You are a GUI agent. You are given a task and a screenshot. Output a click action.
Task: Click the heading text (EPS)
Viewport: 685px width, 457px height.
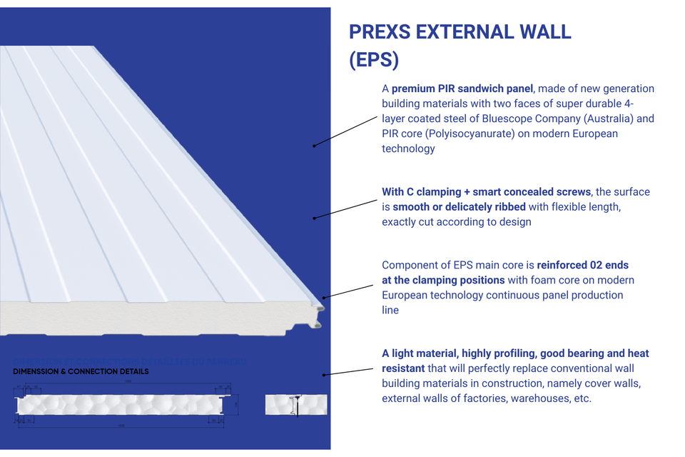coord(373,61)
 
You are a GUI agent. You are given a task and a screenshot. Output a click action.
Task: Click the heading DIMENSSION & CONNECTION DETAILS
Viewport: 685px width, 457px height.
coord(81,372)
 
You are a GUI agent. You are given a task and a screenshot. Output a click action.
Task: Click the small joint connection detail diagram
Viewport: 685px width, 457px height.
coord(296,404)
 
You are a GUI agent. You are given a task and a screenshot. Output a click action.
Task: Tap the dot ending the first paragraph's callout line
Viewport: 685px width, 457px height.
coord(314,146)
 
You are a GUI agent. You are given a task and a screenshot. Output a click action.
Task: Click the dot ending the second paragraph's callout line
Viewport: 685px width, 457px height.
coord(314,217)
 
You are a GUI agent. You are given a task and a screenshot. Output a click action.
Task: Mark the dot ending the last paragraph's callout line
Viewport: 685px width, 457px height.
coord(324,374)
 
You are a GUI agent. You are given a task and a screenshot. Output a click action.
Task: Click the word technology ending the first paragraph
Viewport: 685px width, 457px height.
coord(408,149)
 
